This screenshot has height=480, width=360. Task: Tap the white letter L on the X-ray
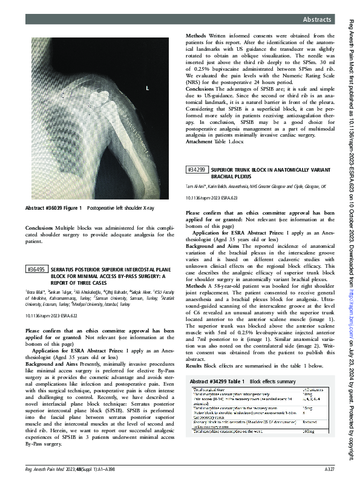[x=146, y=89]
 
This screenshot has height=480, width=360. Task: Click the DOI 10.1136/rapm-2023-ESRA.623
[x=212, y=198]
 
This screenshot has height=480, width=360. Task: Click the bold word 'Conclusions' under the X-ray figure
[x=39, y=228]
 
